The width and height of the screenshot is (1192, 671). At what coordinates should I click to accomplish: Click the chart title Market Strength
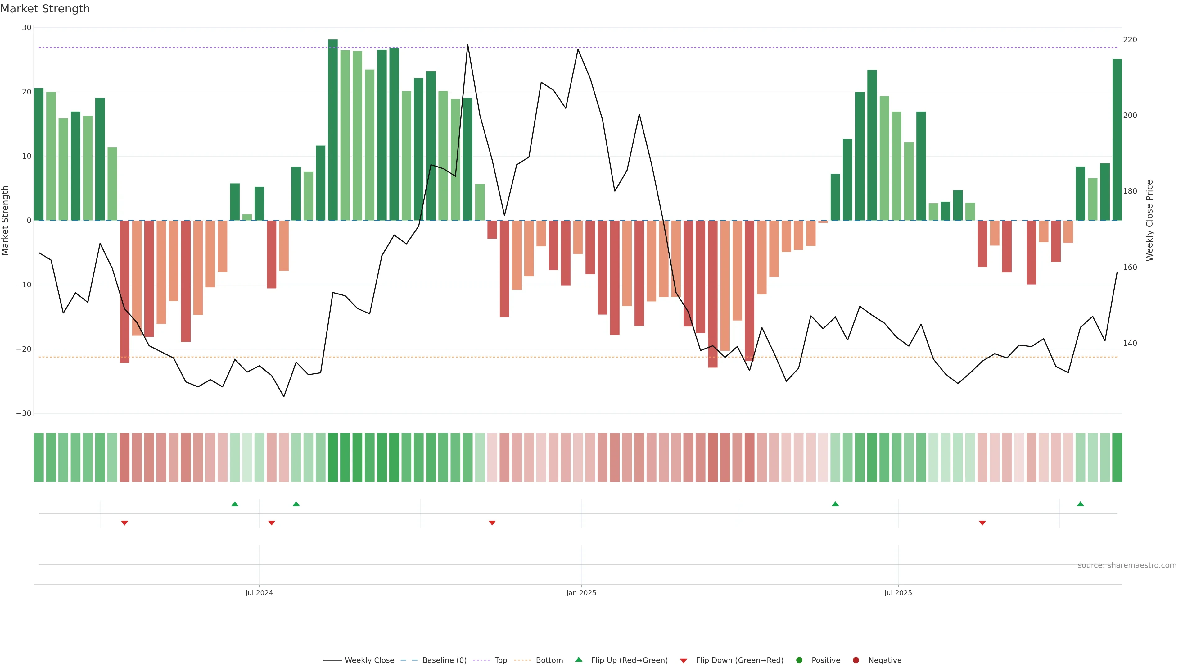coord(45,9)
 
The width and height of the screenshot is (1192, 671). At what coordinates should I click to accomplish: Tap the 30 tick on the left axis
coord(26,28)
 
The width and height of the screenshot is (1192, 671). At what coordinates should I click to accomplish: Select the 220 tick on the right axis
coord(1130,40)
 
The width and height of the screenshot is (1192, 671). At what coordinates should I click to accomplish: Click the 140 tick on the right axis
coord(1130,343)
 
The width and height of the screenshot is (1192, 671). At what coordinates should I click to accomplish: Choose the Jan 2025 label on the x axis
coord(581,593)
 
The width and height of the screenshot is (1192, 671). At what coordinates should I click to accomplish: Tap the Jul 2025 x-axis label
coord(898,593)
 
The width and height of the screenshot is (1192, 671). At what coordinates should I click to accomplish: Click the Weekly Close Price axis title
coord(1149,221)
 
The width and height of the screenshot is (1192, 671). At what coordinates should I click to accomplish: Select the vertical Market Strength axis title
coord(6,221)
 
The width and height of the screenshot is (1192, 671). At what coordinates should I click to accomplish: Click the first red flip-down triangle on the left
coord(124,523)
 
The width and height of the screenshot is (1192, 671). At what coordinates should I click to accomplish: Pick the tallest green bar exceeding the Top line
coord(333,130)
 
